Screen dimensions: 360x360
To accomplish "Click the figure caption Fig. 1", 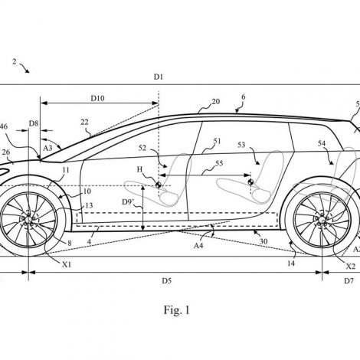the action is [177, 310].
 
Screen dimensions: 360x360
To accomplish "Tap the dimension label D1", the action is [159, 77].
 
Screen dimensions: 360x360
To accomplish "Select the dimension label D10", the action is [97, 98].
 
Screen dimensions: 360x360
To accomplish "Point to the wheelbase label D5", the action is [166, 281].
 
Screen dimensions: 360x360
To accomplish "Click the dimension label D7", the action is [349, 281].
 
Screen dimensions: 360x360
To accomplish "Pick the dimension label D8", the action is [34, 123].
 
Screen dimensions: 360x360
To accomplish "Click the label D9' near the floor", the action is [128, 202].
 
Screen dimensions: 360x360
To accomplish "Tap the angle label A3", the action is [47, 147].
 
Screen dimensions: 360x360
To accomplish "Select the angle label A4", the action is [198, 245].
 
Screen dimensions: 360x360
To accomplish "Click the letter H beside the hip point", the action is [139, 169].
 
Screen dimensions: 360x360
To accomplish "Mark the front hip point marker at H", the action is [159, 185].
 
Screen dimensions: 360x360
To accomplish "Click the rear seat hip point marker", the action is [250, 182].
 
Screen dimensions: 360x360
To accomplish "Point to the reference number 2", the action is [15, 61].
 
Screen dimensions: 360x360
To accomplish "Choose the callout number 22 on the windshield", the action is [84, 122].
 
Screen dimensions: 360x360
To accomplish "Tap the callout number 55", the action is [219, 163].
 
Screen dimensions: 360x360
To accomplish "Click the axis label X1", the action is [67, 265].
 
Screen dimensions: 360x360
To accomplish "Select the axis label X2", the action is [351, 267].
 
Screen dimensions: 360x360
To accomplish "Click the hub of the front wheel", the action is [28, 220].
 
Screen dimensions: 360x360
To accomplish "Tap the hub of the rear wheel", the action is [322, 220].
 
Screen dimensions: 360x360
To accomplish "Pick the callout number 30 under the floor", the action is [263, 241].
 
